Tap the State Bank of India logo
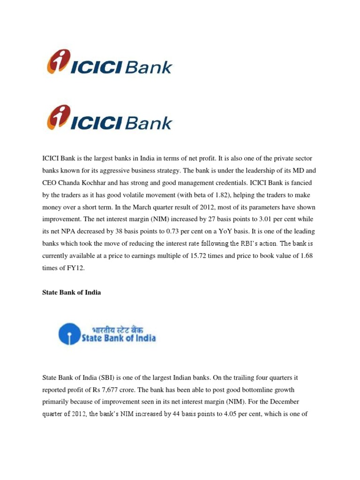(x=107, y=333)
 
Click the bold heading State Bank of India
(x=72, y=292)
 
